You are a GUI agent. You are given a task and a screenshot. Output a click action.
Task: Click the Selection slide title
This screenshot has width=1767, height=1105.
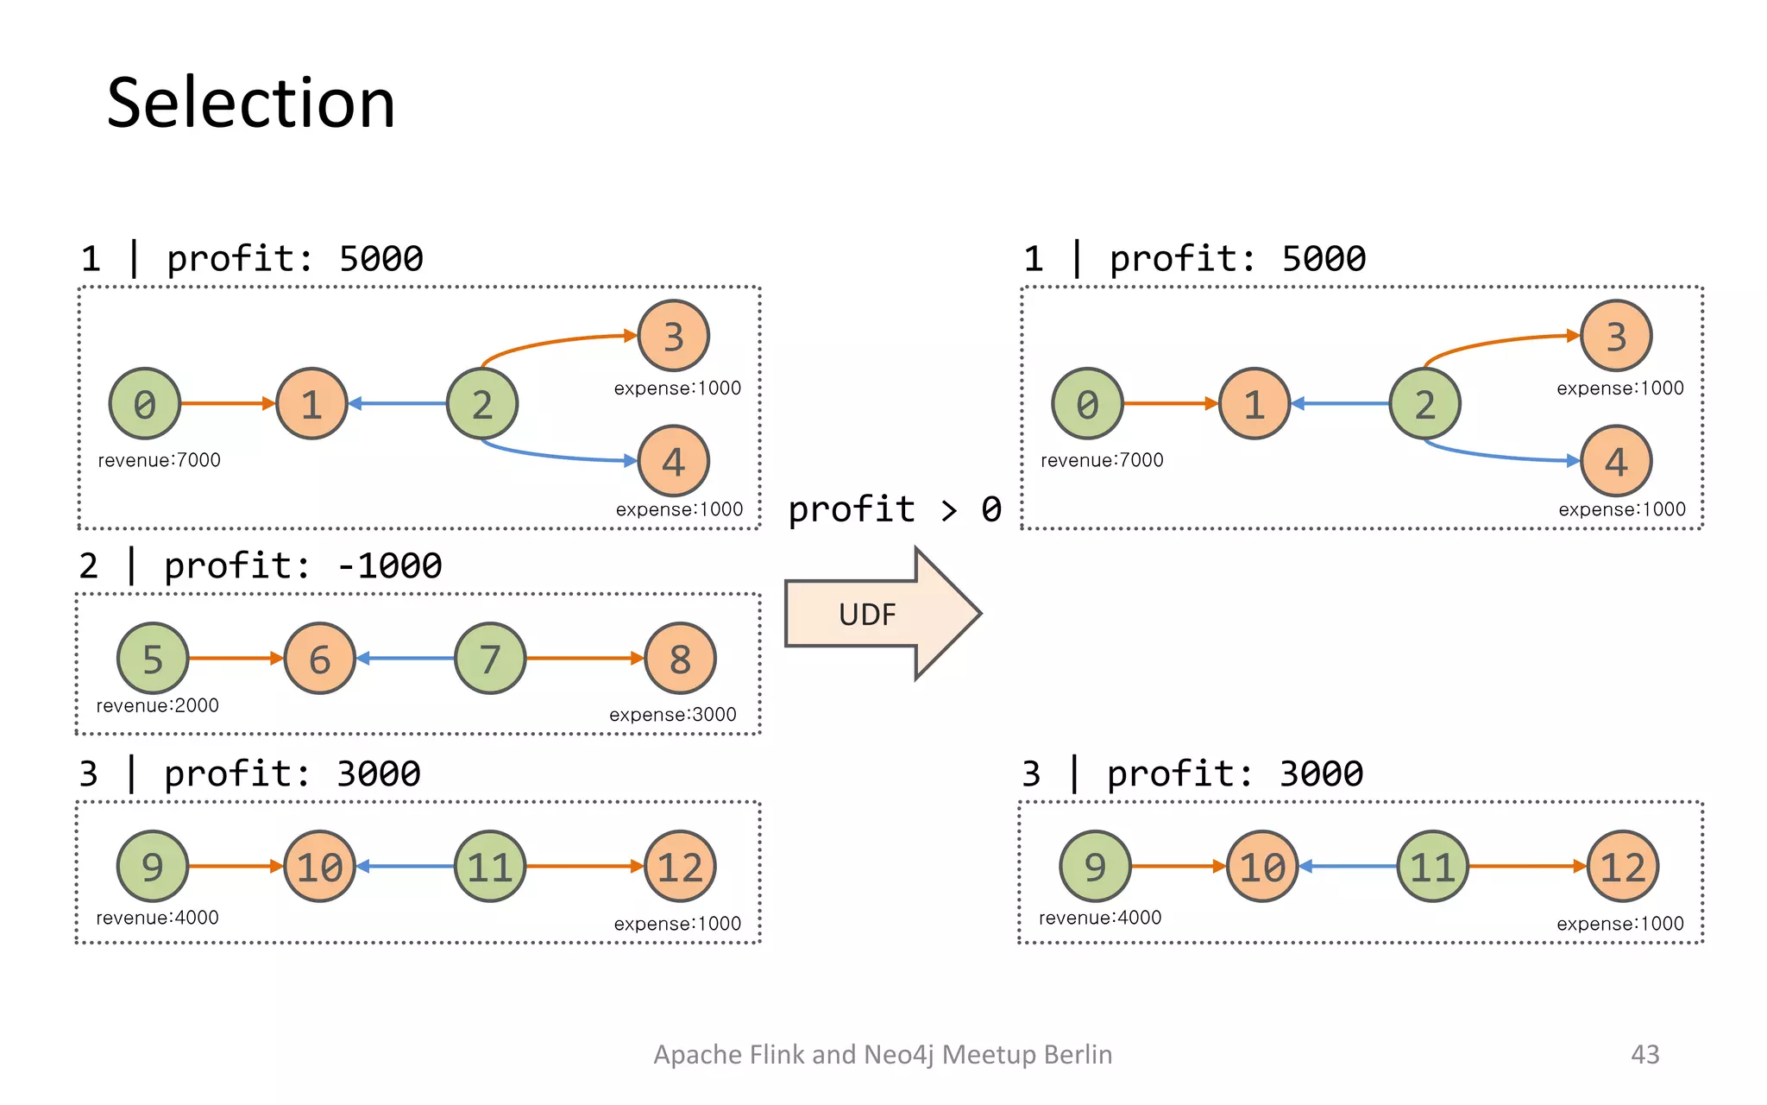[250, 104]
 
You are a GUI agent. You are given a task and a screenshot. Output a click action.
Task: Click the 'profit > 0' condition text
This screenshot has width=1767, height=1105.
[895, 509]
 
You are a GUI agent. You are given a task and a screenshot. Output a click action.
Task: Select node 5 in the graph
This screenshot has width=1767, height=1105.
[153, 659]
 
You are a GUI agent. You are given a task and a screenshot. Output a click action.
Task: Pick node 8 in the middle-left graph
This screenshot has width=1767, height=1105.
[680, 659]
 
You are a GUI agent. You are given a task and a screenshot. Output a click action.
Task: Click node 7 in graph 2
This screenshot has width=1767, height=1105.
[490, 659]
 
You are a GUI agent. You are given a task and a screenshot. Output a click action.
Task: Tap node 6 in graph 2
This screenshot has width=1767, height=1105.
[319, 659]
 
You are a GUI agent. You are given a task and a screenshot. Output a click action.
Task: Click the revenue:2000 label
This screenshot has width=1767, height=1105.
[157, 705]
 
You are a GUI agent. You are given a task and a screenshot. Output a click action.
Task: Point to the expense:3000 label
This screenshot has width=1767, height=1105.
[672, 715]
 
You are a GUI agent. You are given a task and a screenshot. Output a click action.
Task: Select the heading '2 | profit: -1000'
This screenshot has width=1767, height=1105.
[260, 566]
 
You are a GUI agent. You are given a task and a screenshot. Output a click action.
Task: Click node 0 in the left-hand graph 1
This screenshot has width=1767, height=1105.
[145, 404]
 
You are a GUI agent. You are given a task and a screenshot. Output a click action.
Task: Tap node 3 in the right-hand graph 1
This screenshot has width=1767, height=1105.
[1616, 336]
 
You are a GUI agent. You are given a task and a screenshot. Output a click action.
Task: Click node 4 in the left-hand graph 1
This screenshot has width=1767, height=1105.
[673, 461]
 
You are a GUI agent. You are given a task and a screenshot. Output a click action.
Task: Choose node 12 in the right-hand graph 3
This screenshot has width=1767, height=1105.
[1622, 867]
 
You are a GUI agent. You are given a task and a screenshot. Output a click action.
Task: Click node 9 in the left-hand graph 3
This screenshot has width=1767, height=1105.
[153, 867]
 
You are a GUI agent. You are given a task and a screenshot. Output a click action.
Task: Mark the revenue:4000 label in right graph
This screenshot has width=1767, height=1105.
[1099, 918]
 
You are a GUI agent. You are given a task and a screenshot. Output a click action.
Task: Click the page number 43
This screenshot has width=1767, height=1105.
[1644, 1054]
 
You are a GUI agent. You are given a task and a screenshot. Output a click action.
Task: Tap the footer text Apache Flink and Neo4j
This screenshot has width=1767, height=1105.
[882, 1054]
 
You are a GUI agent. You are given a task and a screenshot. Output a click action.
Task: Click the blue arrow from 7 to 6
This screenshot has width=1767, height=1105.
[406, 659]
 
